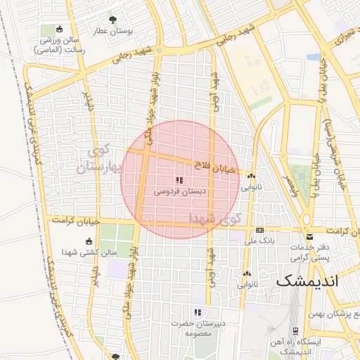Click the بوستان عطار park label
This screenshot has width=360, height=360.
pyautogui.click(x=113, y=32)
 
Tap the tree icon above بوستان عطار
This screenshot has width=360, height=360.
pyautogui.click(x=113, y=20)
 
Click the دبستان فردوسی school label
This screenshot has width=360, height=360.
pyautogui.click(x=181, y=191)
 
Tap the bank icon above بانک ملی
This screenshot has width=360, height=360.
pyautogui.click(x=259, y=230)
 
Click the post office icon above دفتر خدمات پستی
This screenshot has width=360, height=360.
pyautogui.click(x=309, y=237)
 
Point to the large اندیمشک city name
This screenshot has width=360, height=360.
pyautogui.click(x=307, y=281)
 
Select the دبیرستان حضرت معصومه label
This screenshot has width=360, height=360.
pyautogui.click(x=198, y=328)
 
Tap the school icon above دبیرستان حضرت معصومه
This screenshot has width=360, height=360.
pyautogui.click(x=198, y=311)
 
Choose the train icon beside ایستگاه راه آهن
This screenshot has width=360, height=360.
pyautogui.click(x=294, y=333)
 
